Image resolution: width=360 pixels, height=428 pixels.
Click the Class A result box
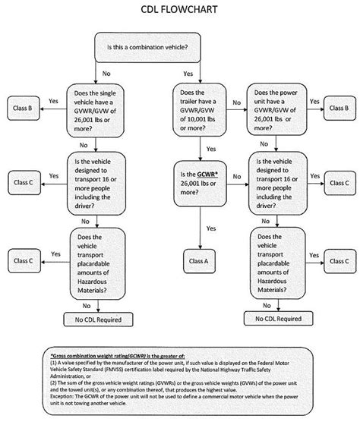coord(200,260)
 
